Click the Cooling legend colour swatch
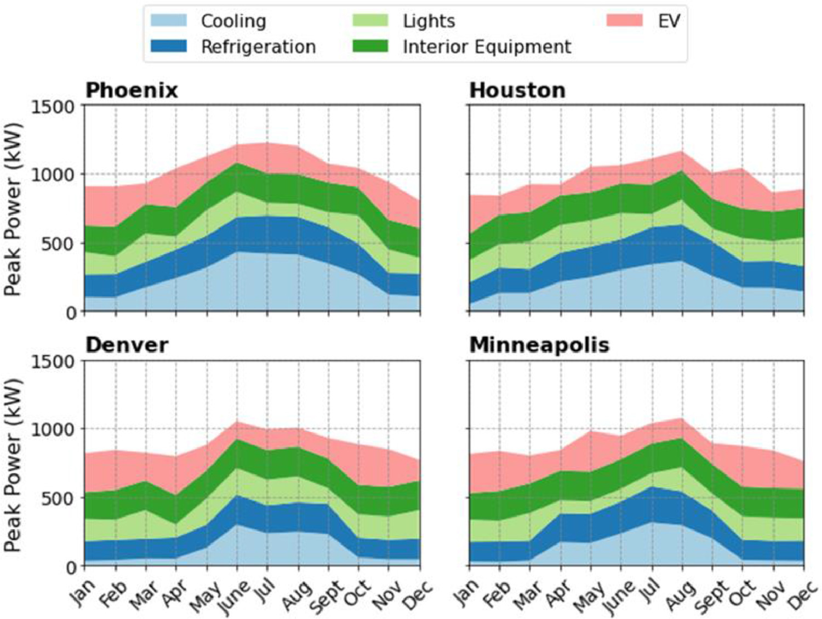click(x=169, y=21)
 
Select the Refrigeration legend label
click(x=258, y=47)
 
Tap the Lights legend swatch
click(x=370, y=21)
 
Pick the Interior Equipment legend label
click(x=487, y=47)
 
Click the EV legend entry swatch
click(x=625, y=21)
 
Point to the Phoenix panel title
click(x=132, y=90)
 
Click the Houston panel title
click(x=517, y=90)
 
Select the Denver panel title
click(x=127, y=345)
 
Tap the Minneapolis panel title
click(x=539, y=345)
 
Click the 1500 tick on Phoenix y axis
click(x=53, y=106)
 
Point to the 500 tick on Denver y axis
click(x=59, y=498)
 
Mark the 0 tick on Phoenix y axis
click(x=71, y=313)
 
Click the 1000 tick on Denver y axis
click(x=53, y=429)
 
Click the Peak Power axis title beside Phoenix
click(x=13, y=209)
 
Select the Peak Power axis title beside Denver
click(x=13, y=464)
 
